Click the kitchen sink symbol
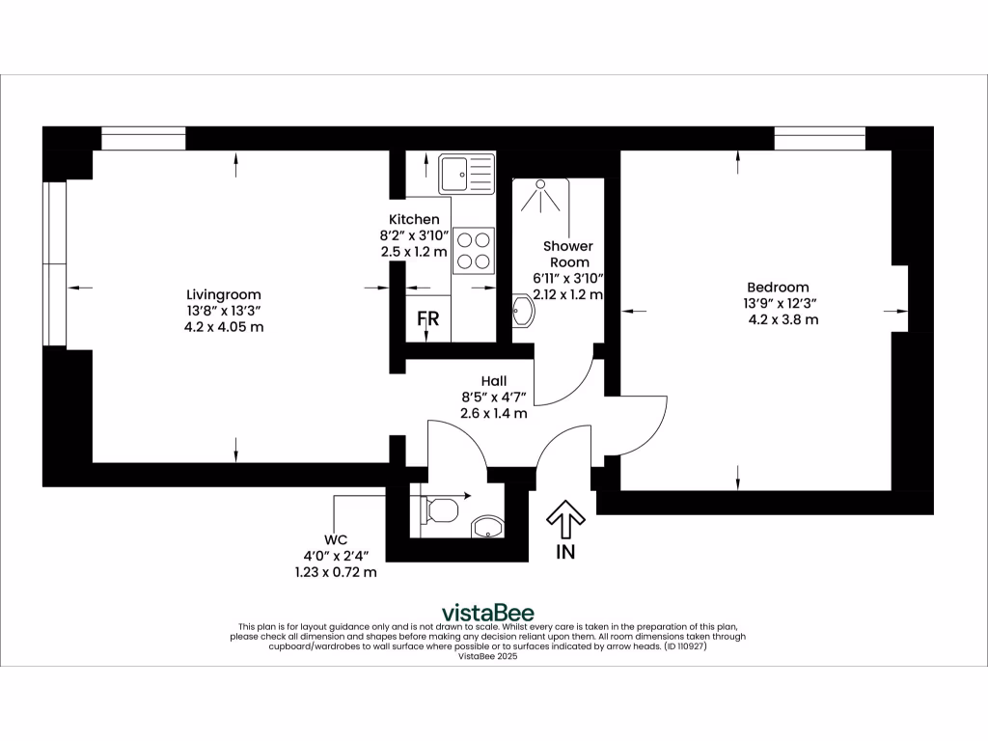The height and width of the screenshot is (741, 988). [466, 174]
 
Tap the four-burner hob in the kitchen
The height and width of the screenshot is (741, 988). [473, 250]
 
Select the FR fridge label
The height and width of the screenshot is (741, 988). [427, 319]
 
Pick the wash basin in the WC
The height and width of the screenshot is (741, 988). [487, 527]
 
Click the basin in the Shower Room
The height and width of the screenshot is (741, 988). [522, 312]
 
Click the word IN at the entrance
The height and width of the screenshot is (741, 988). [565, 553]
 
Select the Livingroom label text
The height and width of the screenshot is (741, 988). [224, 294]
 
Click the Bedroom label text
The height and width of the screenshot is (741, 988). [778, 287]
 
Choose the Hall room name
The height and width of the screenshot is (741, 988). [494, 381]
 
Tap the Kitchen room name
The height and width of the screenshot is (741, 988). [414, 219]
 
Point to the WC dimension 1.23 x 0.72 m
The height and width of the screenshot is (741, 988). [336, 572]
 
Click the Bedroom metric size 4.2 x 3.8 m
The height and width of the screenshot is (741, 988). [783, 319]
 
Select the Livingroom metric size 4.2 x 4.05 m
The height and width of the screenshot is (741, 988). [224, 327]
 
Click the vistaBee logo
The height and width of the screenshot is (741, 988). [487, 612]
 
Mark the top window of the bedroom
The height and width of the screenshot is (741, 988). [819, 139]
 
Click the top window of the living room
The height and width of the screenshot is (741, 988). [143, 139]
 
